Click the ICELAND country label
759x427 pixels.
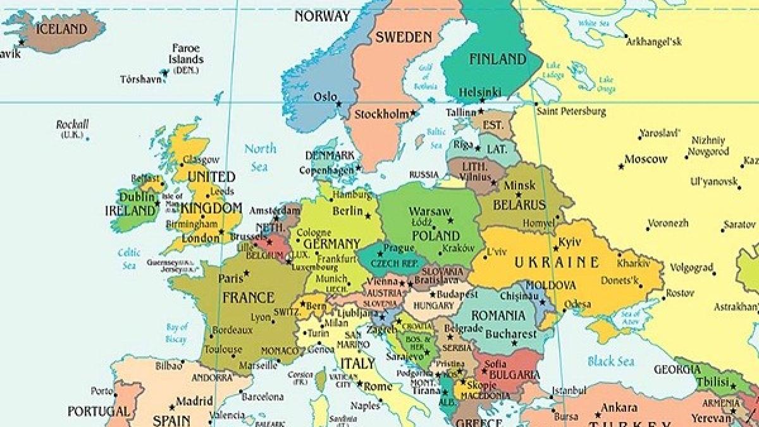(x=61, y=29)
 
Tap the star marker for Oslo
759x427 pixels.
(x=339, y=104)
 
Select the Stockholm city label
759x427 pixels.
(x=381, y=115)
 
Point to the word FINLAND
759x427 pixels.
(x=498, y=59)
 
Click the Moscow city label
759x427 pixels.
(x=645, y=159)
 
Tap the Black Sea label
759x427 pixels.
(x=610, y=361)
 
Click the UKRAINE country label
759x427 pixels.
(x=556, y=262)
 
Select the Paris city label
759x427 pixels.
(x=230, y=278)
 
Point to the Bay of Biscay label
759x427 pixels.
(x=177, y=333)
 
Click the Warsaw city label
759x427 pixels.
(x=429, y=211)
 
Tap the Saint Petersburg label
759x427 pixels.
(x=571, y=112)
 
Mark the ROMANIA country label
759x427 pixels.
(x=498, y=315)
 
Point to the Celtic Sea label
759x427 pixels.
(x=128, y=259)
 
